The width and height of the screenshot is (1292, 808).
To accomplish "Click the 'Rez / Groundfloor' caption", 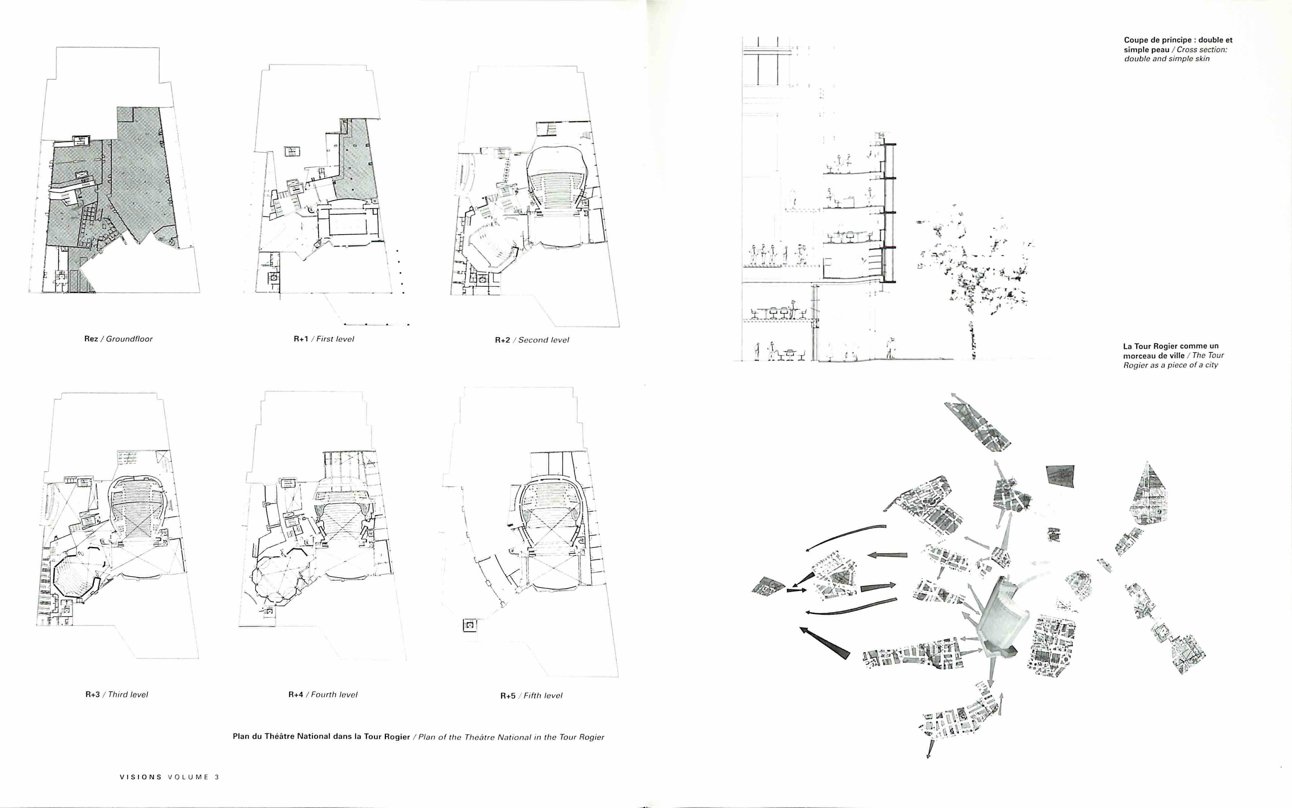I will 118,339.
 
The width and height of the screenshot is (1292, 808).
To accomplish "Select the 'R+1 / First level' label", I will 324,339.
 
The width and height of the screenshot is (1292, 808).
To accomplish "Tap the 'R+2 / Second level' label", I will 532,340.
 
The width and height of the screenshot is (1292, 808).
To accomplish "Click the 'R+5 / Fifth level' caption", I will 531,695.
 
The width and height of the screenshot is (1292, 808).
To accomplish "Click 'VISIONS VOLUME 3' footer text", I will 169,777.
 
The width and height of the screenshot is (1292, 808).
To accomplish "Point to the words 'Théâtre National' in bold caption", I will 297,736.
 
